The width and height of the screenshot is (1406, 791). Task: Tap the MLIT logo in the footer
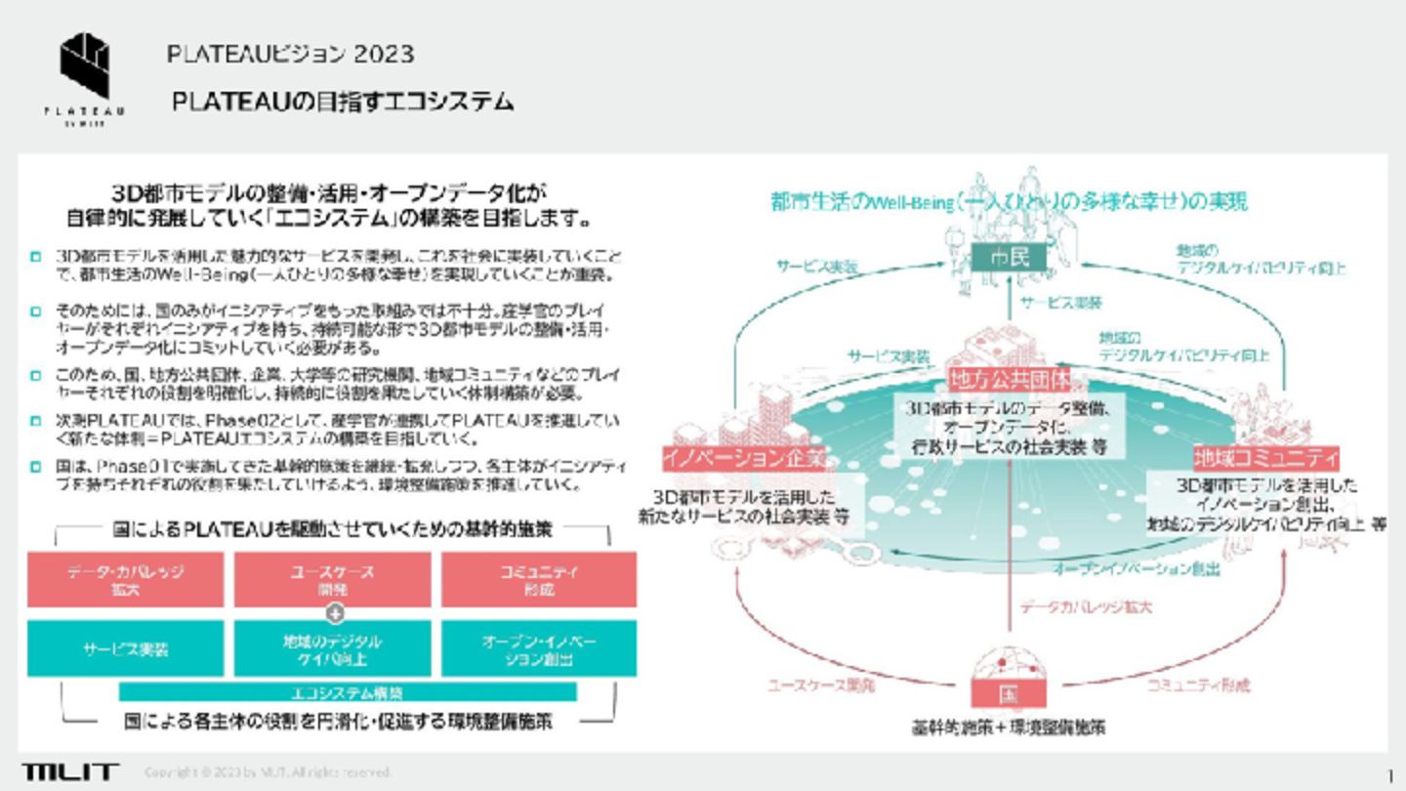click(x=70, y=771)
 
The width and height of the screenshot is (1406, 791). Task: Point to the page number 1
click(x=1389, y=773)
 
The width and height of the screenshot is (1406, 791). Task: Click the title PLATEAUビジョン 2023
click(x=290, y=54)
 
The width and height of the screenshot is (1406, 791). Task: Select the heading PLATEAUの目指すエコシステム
click(x=343, y=102)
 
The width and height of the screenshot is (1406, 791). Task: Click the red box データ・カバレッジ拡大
click(x=125, y=579)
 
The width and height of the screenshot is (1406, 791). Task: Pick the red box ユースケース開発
click(x=332, y=579)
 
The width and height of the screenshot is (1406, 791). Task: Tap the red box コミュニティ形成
click(x=539, y=579)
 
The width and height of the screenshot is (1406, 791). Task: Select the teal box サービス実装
click(x=125, y=648)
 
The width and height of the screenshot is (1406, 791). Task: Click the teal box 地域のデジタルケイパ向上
click(x=332, y=648)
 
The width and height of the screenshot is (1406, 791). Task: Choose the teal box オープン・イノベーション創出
click(x=539, y=648)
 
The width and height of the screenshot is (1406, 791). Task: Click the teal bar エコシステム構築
click(x=348, y=692)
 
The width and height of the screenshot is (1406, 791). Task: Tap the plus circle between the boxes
click(x=335, y=614)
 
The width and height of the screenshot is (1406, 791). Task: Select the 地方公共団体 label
click(x=1010, y=378)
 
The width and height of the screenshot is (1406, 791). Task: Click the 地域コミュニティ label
click(x=1265, y=457)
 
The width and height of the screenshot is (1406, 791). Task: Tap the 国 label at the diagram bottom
click(x=1009, y=694)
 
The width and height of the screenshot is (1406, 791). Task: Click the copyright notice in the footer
click(x=268, y=772)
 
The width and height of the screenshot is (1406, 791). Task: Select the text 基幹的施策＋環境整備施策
click(x=1009, y=728)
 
